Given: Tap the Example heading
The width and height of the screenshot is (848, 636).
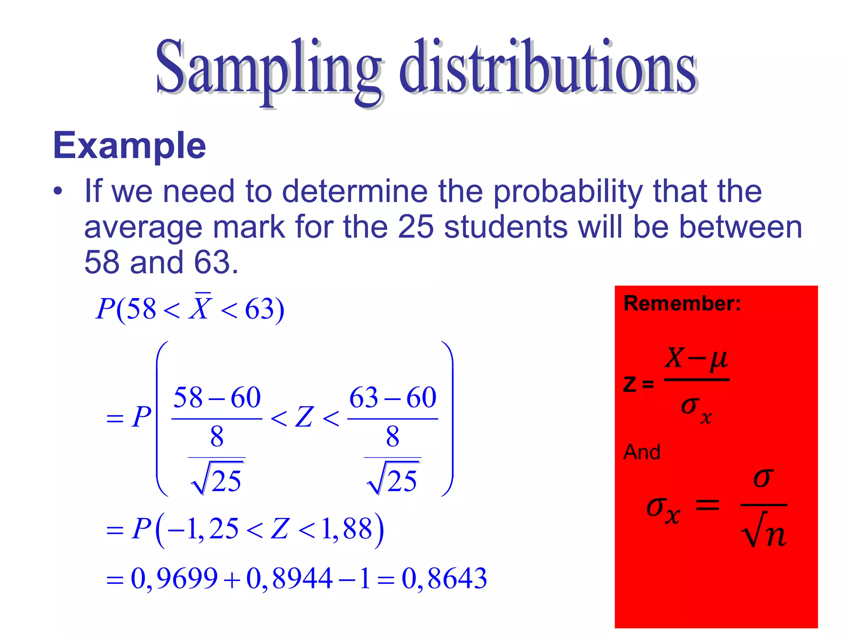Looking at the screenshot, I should tap(130, 146).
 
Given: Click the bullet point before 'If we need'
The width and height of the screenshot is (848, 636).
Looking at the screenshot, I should tap(58, 191).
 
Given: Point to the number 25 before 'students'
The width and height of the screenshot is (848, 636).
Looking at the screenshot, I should tap(415, 227).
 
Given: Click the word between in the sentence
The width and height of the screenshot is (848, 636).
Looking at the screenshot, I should tap(740, 227).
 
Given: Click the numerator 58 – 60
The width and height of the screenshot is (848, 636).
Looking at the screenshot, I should tap(217, 398).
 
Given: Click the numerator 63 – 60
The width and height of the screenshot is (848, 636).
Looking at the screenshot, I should tap(393, 398).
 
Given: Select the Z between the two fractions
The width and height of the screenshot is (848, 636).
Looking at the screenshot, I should tap(304, 417).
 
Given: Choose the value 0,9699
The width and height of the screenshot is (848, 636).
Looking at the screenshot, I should tap(174, 578).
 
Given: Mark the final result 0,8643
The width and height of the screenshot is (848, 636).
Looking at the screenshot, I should tap(444, 578).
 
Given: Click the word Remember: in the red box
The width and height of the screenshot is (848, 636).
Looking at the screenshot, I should tap(682, 304).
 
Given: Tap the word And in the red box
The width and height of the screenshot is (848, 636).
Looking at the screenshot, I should tap(642, 452).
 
